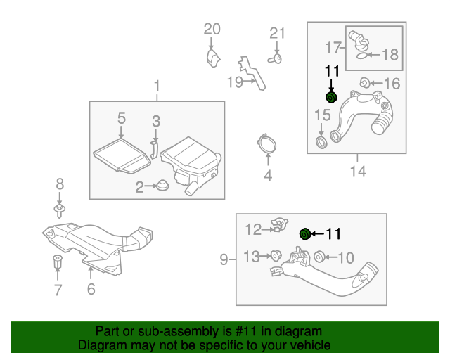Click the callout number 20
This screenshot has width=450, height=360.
tap(212, 29)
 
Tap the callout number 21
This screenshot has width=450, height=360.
tap(278, 33)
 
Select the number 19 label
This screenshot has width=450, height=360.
tap(234, 82)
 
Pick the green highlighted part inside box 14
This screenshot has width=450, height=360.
tap(331, 97)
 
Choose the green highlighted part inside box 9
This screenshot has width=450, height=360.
tap(305, 233)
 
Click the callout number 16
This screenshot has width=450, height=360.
tap(391, 84)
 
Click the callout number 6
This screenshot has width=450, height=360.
tap(91, 289)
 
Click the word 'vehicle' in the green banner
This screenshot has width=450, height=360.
tap(309, 345)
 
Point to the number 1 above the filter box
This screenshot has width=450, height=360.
tap(157, 86)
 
